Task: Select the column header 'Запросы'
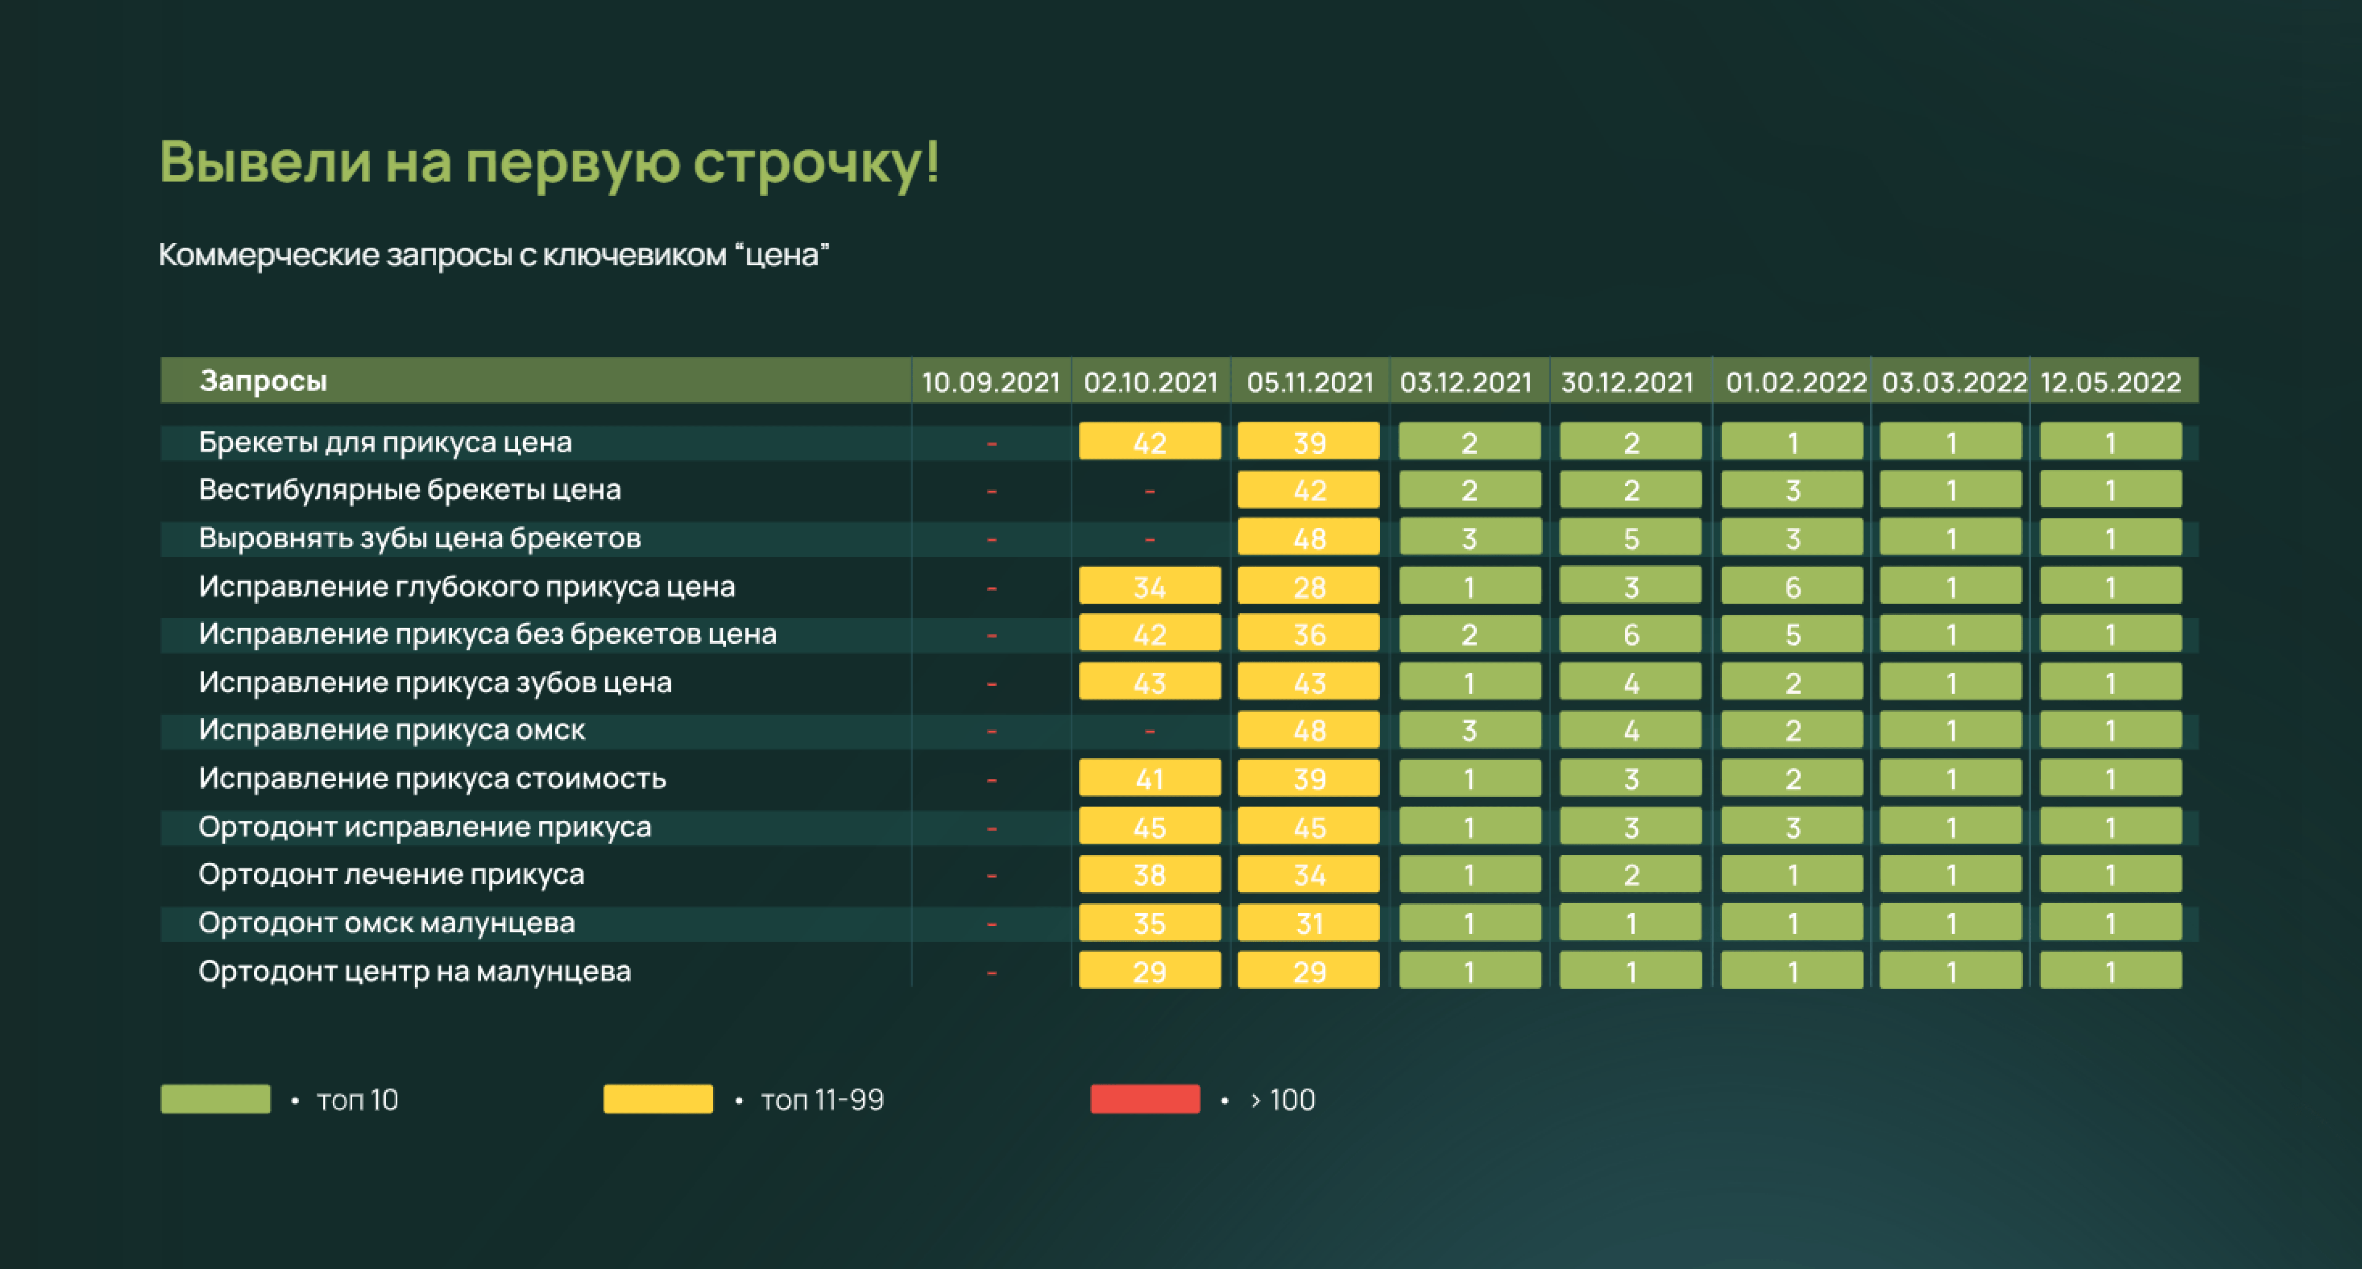pos(263,381)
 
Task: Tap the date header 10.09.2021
pos(990,382)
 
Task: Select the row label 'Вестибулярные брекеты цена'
pos(410,490)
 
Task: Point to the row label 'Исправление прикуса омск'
pos(391,730)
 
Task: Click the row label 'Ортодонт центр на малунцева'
pos(414,971)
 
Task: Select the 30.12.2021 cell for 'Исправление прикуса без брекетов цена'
pos(1630,634)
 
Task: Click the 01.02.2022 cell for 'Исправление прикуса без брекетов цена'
pos(1792,634)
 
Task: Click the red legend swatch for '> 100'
pos(1144,1098)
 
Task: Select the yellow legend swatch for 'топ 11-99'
pos(657,1098)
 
